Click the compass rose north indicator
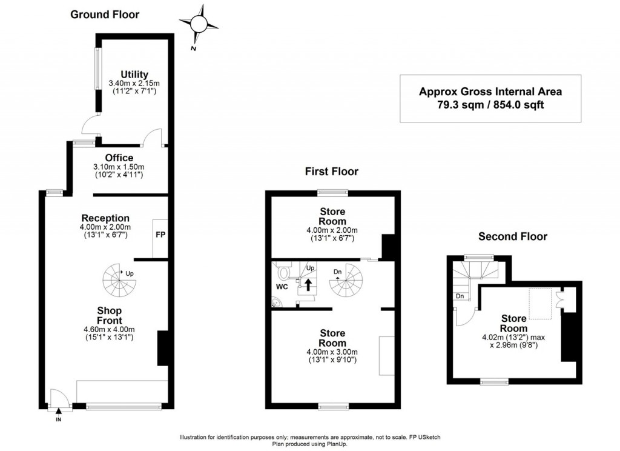coord(199,24)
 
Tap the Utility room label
coord(134,75)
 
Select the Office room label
coord(119,158)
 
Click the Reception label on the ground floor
coord(105,218)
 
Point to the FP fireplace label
coord(160,235)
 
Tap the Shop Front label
coord(110,316)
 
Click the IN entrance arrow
coord(59,413)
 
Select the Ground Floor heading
coord(105,15)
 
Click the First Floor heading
coord(331,172)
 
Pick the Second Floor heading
coord(512,236)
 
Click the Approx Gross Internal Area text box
coord(490,98)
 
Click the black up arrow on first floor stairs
coord(308,285)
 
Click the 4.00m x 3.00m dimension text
coord(332,352)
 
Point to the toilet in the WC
coord(284,269)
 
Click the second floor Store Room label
coord(513,323)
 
